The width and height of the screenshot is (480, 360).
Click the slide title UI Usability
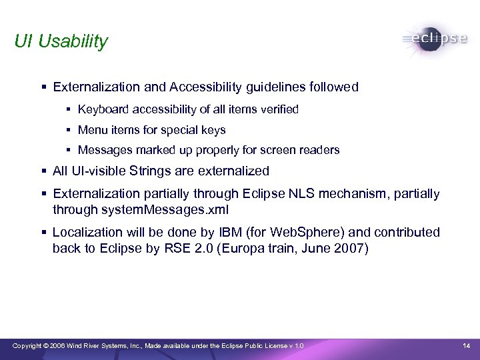tap(61, 41)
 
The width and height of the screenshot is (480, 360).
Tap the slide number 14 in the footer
tap(467, 345)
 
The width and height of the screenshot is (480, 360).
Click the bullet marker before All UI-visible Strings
tap(43, 171)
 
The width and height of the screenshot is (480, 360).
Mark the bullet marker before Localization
tap(43, 232)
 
